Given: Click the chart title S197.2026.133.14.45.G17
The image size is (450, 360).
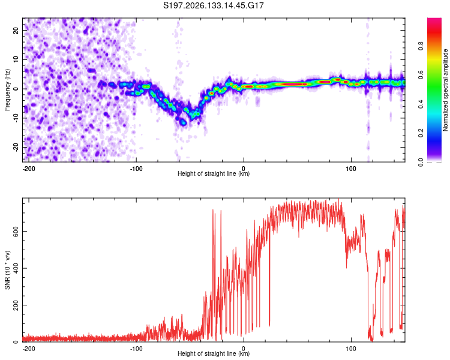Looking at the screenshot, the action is tap(213, 5).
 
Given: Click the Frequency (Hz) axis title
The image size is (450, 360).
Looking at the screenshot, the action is tap(7, 90).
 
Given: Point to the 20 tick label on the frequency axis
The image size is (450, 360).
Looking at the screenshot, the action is tap(16, 30).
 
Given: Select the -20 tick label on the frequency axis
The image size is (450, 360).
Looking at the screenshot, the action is tap(16, 147).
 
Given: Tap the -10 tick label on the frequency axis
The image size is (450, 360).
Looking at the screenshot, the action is tap(16, 118).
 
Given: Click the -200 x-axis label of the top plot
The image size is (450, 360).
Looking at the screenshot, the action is tap(28, 169).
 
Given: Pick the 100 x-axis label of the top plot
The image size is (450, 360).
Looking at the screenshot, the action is tap(351, 169).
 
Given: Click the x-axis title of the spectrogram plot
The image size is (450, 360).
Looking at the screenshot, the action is tap(214, 173).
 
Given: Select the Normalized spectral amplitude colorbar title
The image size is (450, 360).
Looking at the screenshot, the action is tap(445, 90).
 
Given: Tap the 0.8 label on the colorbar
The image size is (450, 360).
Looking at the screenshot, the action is tap(421, 46).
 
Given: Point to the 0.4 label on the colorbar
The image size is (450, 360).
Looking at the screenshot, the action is tap(421, 104).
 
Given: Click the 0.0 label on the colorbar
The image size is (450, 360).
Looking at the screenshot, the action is tap(421, 162).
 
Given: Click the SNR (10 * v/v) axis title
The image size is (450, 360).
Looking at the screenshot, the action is tap(7, 270).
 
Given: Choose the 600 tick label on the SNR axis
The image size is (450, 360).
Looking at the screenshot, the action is tap(16, 232).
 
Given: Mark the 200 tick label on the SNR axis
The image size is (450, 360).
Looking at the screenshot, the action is tap(16, 305).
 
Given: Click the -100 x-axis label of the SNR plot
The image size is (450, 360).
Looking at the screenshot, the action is tap(136, 349).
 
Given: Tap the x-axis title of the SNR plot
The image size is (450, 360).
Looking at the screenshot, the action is tap(214, 353).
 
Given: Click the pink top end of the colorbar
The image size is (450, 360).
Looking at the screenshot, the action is tap(434, 20).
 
